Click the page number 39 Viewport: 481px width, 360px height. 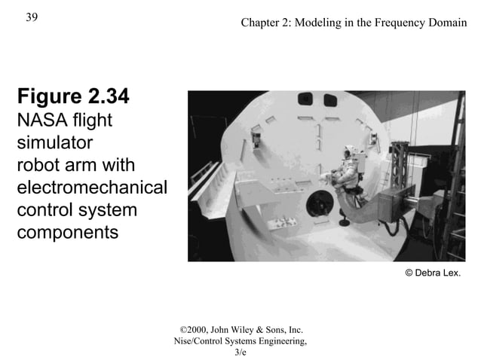pyautogui.click(x=32, y=17)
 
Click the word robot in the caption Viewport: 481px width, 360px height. pyautogui.click(x=38, y=164)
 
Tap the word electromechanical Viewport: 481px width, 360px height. pyautogui.click(x=91, y=187)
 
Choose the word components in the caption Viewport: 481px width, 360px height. pyautogui.click(x=67, y=232)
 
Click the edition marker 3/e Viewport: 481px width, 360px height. pyautogui.click(x=240, y=352)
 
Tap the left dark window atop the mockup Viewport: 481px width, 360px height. pyautogui.click(x=306, y=99)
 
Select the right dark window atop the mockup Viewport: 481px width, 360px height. pyautogui.click(x=330, y=100)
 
